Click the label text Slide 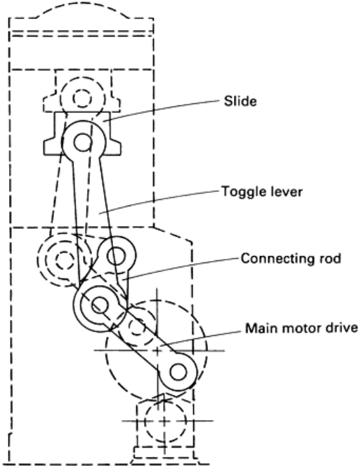coord(240,102)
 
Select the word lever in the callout coord(287,191)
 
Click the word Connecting coord(275,258)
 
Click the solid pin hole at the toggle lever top coord(82,142)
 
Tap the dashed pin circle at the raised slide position coord(81,98)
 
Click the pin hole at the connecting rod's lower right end coord(178,372)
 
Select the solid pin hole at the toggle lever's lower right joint coord(116,256)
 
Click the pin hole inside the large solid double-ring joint coord(100,305)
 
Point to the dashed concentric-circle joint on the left coord(63,260)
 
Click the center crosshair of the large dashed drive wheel coord(157,350)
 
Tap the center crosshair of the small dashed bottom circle coord(164,421)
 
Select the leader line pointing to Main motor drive coord(201,338)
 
